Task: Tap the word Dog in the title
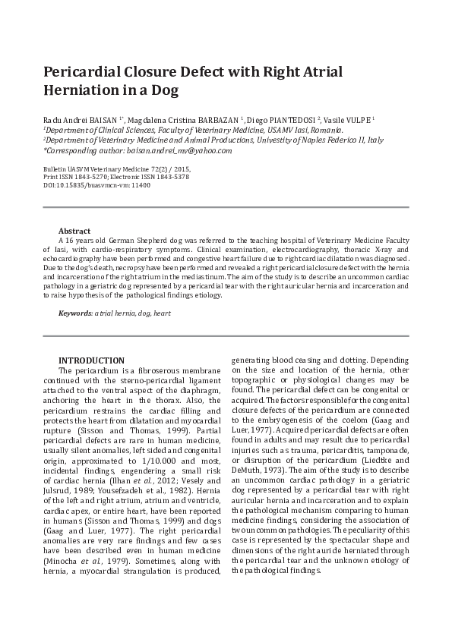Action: point(164,91)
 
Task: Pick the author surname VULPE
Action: point(358,120)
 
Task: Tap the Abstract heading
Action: point(74,231)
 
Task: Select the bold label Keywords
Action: point(75,313)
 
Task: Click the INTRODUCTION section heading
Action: point(91,360)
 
